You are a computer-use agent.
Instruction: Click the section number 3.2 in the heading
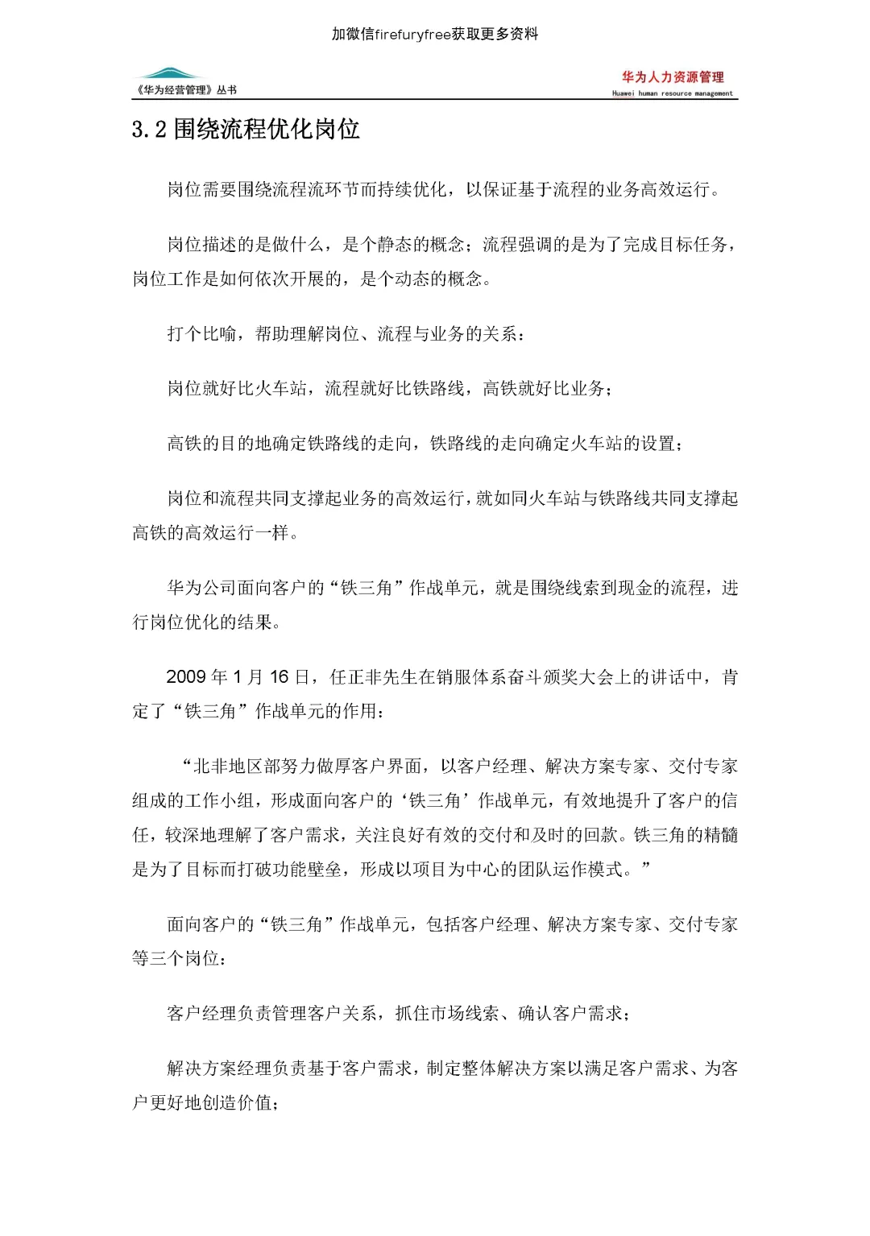(149, 130)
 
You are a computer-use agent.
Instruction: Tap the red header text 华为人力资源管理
(673, 77)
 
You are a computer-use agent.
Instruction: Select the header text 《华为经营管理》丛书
(187, 90)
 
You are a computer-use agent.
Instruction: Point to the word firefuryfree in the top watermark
(412, 34)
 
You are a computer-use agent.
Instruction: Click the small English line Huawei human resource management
(673, 93)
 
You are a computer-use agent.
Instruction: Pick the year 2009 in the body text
(185, 677)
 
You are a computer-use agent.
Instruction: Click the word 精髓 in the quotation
(720, 836)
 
